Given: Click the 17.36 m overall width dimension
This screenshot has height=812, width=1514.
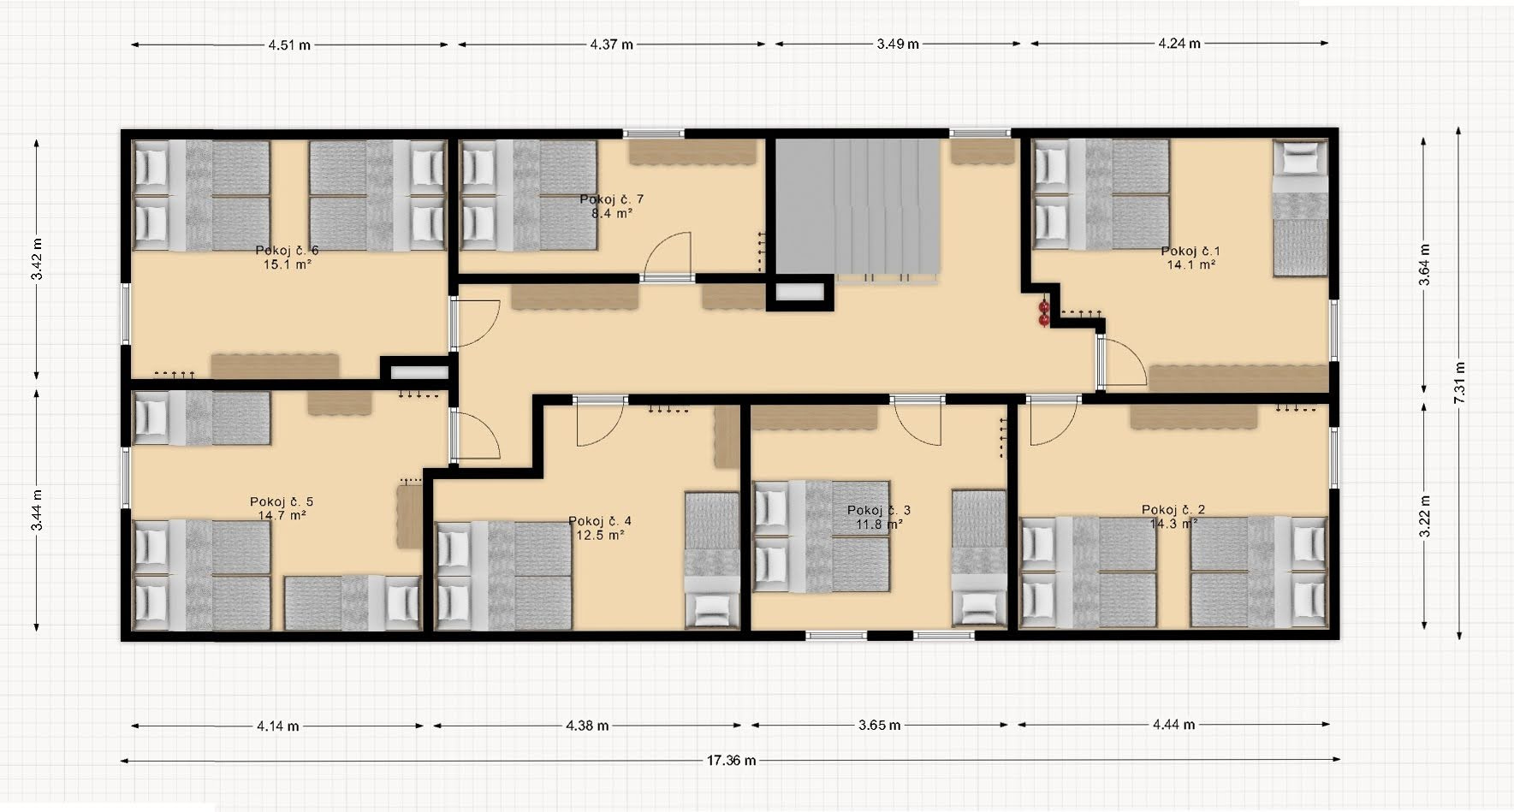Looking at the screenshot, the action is click(731, 760).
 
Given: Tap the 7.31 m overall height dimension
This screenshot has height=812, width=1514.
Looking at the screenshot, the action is click(1459, 382).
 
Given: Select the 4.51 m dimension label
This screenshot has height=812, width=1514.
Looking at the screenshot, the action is click(289, 44).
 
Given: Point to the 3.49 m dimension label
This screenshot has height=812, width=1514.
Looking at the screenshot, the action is click(898, 44).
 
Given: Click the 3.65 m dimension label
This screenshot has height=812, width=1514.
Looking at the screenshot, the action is click(880, 725).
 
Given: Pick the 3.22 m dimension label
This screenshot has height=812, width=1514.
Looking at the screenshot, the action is click(1425, 516).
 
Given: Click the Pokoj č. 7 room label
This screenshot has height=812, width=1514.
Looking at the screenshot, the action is click(611, 199).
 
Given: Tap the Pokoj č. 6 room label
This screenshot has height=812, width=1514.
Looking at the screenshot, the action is click(287, 250).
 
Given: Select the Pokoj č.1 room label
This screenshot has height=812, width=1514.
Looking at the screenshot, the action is click(1190, 251).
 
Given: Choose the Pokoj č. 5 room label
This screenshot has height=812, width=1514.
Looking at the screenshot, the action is click(282, 501).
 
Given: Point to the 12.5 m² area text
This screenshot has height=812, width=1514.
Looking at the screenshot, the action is click(600, 535).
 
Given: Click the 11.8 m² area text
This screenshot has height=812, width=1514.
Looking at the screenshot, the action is click(879, 524).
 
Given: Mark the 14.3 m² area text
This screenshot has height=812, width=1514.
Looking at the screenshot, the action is click(1173, 524).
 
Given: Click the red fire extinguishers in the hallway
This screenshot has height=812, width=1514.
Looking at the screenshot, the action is click(1043, 312).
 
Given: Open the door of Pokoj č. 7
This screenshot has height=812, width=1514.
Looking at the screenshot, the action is click(668, 256).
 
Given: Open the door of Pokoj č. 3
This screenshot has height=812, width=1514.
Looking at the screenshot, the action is click(917, 421).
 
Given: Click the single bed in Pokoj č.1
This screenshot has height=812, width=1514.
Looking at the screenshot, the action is click(1300, 208).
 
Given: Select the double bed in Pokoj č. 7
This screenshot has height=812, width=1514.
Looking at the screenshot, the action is click(529, 195).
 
